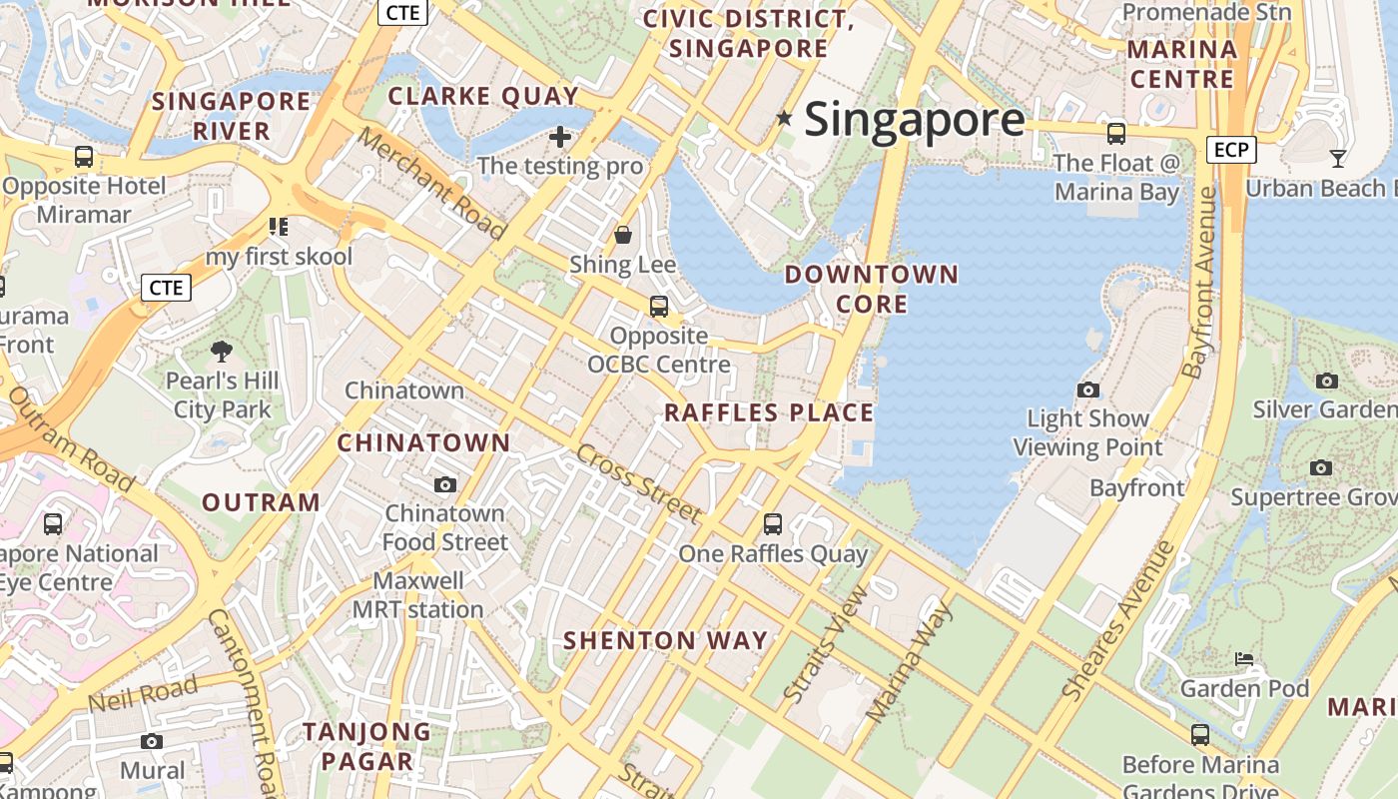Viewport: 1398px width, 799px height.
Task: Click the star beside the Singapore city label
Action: pyautogui.click(x=785, y=119)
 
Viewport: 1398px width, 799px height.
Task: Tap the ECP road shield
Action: pyautogui.click(x=1230, y=150)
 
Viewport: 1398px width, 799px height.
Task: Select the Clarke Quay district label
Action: pyautogui.click(x=483, y=96)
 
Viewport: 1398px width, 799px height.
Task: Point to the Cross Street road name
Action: pyautogui.click(x=639, y=483)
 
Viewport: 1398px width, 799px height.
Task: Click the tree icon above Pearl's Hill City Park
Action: pyautogui.click(x=222, y=351)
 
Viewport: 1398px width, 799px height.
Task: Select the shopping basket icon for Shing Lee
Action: pyautogui.click(x=623, y=235)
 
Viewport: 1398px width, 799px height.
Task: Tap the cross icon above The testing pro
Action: pyautogui.click(x=560, y=136)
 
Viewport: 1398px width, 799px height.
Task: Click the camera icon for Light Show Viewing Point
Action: pyautogui.click(x=1088, y=390)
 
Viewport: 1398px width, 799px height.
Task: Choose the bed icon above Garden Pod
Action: pyautogui.click(x=1244, y=659)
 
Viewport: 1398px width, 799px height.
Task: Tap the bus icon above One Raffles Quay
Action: pyautogui.click(x=772, y=523)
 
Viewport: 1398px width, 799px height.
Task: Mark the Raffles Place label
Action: pyautogui.click(x=769, y=412)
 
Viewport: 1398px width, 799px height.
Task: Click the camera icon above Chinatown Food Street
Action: pyautogui.click(x=445, y=484)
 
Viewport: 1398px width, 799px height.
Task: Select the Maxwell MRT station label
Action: pyautogui.click(x=418, y=595)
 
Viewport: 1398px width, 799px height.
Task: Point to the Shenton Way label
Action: pyautogui.click(x=666, y=640)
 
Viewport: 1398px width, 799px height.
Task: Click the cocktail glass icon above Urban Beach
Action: pyautogui.click(x=1338, y=158)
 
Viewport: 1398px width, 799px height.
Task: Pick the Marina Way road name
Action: pyautogui.click(x=908, y=662)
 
